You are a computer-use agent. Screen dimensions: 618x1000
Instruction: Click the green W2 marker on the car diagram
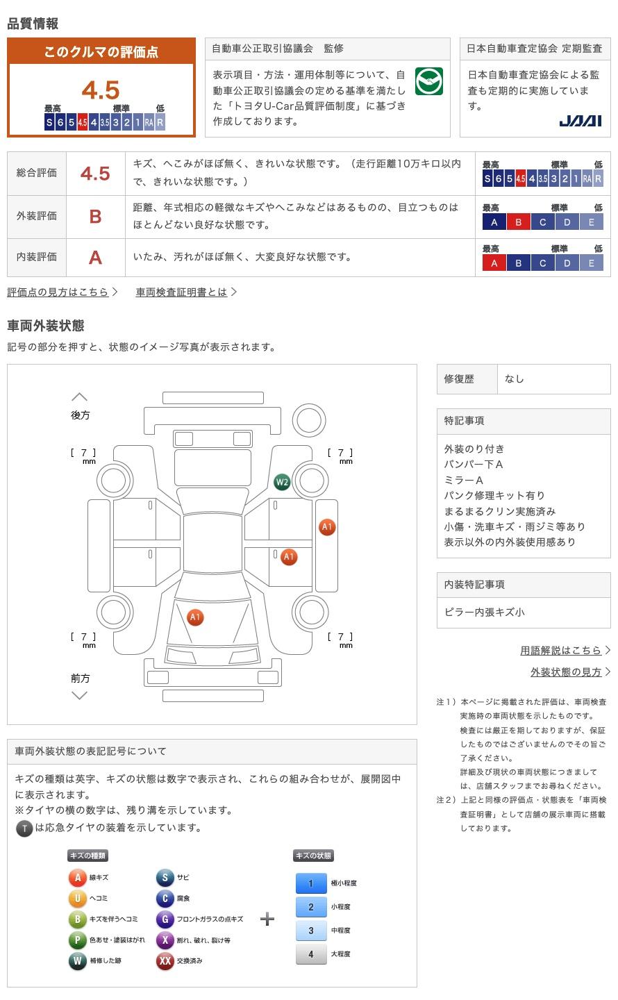282,482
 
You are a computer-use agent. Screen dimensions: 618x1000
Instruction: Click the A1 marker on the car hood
195,617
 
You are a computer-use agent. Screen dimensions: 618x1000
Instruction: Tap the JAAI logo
580,121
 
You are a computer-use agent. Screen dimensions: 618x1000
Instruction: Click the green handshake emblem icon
428,81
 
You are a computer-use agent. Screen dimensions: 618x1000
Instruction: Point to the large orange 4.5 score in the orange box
101,90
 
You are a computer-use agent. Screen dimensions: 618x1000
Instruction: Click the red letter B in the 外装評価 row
95,217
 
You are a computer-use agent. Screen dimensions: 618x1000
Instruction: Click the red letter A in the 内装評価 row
95,258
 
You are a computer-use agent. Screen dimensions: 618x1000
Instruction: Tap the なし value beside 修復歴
514,379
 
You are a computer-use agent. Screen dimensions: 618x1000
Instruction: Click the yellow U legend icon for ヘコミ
77,898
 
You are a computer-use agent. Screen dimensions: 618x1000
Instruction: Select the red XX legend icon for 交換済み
165,960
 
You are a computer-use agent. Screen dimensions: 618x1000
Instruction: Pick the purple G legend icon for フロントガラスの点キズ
165,919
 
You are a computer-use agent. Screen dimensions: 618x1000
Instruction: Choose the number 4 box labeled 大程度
311,954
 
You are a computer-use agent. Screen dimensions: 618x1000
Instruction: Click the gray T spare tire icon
24,828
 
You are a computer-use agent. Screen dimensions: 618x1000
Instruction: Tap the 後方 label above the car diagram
80,415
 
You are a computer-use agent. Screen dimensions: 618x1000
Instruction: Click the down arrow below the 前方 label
79,695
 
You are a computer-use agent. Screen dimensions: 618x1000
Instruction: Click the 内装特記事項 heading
474,585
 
